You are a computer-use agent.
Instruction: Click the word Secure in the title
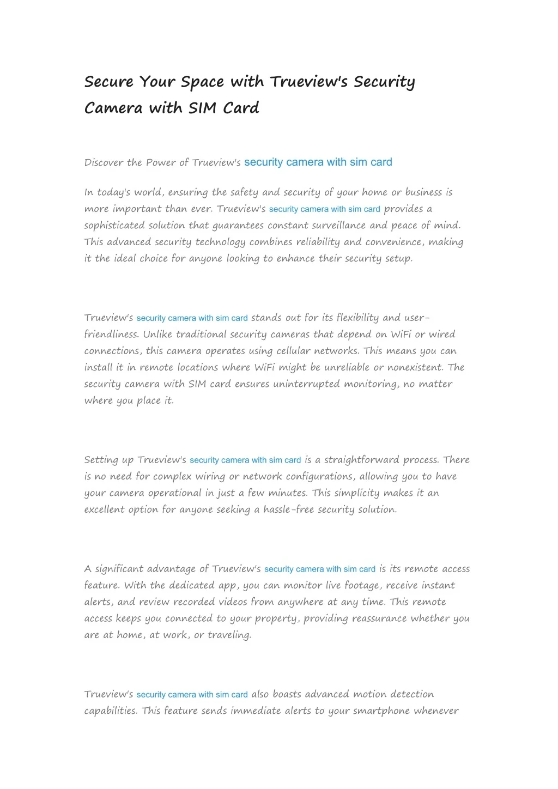(109, 82)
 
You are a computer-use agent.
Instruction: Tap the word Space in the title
(202, 82)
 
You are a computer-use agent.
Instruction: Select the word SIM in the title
(203, 108)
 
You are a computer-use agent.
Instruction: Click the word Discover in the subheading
(104, 162)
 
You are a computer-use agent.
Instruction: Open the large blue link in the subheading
(318, 162)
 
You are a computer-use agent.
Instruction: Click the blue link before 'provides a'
(324, 209)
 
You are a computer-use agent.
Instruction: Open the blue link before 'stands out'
(192, 318)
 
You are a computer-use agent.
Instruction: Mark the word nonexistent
(415, 367)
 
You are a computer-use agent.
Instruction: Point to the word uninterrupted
(308, 384)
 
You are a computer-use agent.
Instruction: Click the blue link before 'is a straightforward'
(245, 460)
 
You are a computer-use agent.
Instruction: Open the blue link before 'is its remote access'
(320, 569)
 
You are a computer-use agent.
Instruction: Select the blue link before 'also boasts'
(192, 695)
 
